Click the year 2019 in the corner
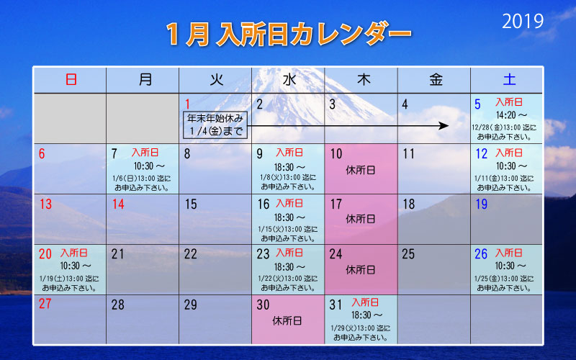523,22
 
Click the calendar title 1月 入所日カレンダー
289,34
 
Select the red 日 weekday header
71,79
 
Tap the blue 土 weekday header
509,79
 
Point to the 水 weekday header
289,79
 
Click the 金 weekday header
436,79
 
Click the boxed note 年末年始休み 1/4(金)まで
215,125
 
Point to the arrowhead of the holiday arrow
444,125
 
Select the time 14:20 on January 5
506,115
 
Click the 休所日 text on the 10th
361,170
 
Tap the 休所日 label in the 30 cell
287,320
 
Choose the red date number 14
118,204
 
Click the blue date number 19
481,204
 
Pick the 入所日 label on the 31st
365,302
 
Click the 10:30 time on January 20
70,266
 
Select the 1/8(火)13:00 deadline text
287,177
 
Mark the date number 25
408,254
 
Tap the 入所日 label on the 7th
145,152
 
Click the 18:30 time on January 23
284,267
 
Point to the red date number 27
45,304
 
